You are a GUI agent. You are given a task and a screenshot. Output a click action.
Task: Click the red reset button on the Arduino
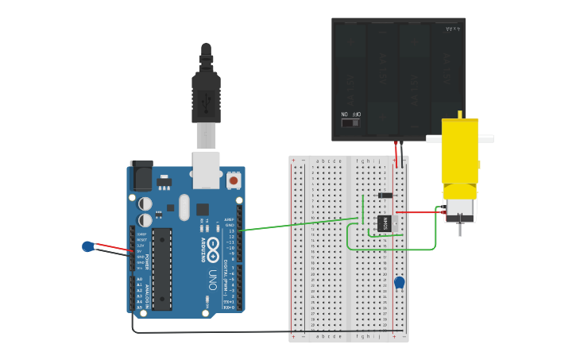[234, 180]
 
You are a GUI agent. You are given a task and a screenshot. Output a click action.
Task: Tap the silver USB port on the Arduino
[207, 168]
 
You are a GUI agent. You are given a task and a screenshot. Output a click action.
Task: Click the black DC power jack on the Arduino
[142, 175]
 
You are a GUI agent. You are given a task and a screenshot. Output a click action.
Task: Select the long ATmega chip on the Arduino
[162, 269]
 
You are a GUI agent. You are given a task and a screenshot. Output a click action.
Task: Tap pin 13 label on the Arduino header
[230, 230]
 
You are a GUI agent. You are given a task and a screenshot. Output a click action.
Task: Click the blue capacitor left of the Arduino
[88, 246]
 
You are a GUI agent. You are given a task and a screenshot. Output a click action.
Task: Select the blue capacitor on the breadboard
[400, 282]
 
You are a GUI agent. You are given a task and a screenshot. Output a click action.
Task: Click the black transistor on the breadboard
[385, 224]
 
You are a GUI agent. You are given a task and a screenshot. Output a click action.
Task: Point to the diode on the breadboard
[385, 195]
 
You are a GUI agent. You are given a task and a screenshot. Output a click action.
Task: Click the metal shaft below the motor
[459, 229]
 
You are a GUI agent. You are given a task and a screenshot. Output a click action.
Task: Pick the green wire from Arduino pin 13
[294, 225]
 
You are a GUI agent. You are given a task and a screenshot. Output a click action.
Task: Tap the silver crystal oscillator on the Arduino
[184, 208]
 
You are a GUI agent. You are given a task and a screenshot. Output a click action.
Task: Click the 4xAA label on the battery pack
[453, 29]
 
